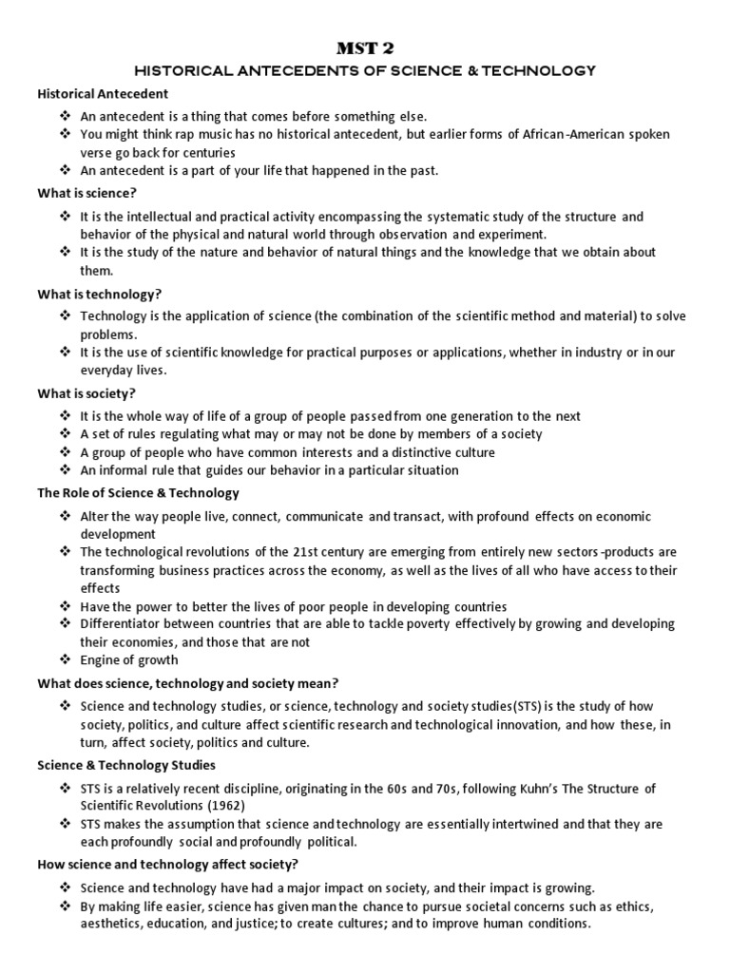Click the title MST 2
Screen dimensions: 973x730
(364, 49)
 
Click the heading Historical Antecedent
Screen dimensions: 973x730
(103, 94)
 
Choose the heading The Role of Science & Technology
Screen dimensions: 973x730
(138, 493)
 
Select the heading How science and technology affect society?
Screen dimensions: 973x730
(167, 864)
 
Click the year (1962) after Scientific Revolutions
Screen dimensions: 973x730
(226, 805)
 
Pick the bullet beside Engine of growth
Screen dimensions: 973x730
(65, 660)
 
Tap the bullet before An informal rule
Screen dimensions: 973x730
(65, 470)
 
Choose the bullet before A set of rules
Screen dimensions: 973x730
(65, 434)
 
